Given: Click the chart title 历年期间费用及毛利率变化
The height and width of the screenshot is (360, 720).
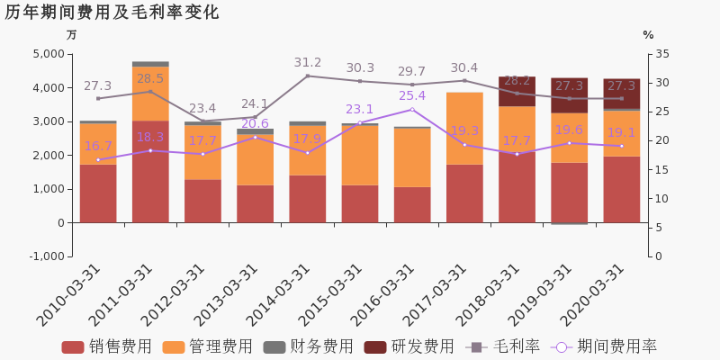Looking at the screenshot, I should click(112, 13).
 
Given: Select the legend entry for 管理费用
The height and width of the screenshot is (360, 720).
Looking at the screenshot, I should click(208, 346).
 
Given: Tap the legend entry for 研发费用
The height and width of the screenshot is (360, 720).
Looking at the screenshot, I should click(409, 346).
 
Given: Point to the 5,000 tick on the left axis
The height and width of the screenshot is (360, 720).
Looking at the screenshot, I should click(46, 54).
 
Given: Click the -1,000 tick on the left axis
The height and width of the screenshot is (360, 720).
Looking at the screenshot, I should click(44, 256).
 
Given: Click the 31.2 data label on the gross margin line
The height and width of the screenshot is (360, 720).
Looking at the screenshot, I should click(308, 63).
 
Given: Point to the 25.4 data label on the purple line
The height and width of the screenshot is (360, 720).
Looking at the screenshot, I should click(412, 96).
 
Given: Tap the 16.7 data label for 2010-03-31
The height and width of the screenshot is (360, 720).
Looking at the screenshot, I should click(98, 147).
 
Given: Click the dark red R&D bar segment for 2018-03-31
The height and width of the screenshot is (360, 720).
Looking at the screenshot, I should click(517, 91).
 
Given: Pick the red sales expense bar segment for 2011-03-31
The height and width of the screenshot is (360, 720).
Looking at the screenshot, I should click(150, 171).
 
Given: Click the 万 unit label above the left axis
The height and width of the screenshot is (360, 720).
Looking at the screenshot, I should click(72, 35).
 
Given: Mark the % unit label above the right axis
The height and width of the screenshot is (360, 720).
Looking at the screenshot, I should click(648, 35).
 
